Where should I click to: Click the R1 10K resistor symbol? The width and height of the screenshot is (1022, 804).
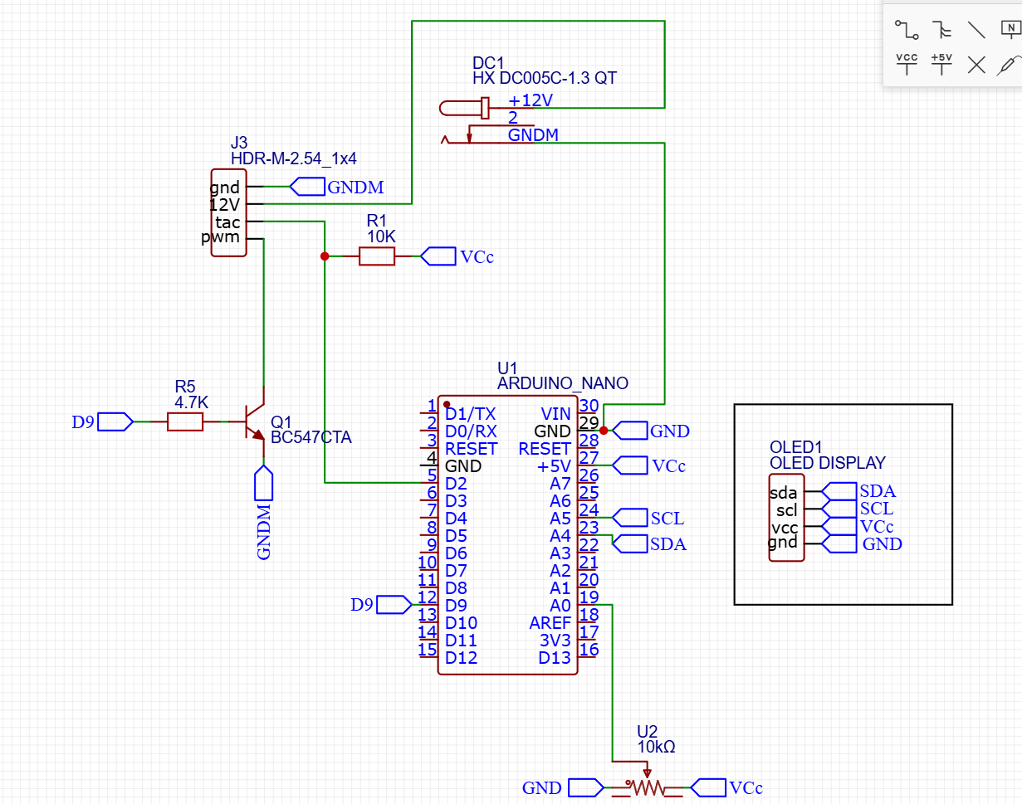(376, 256)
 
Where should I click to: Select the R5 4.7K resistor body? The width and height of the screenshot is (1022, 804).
(184, 422)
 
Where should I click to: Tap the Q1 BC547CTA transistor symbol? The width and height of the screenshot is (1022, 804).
(252, 421)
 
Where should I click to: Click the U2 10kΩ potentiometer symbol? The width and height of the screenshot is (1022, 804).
(645, 787)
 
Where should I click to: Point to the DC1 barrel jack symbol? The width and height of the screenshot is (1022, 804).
(465, 108)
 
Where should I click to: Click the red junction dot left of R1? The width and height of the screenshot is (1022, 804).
(324, 256)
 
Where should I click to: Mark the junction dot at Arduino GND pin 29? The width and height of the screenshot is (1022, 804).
(604, 431)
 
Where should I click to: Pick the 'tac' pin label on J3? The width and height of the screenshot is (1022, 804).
(227, 222)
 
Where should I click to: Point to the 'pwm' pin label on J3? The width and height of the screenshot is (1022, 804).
(221, 238)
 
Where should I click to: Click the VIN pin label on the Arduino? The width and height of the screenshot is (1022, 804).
(555, 413)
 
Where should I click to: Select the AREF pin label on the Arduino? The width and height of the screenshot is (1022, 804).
(550, 623)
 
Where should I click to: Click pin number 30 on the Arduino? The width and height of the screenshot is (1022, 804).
(589, 405)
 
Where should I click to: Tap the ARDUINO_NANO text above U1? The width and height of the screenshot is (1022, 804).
(562, 383)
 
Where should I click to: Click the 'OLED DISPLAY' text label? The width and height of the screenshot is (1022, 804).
(827, 463)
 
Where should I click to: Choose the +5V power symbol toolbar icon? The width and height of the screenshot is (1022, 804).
(941, 63)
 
